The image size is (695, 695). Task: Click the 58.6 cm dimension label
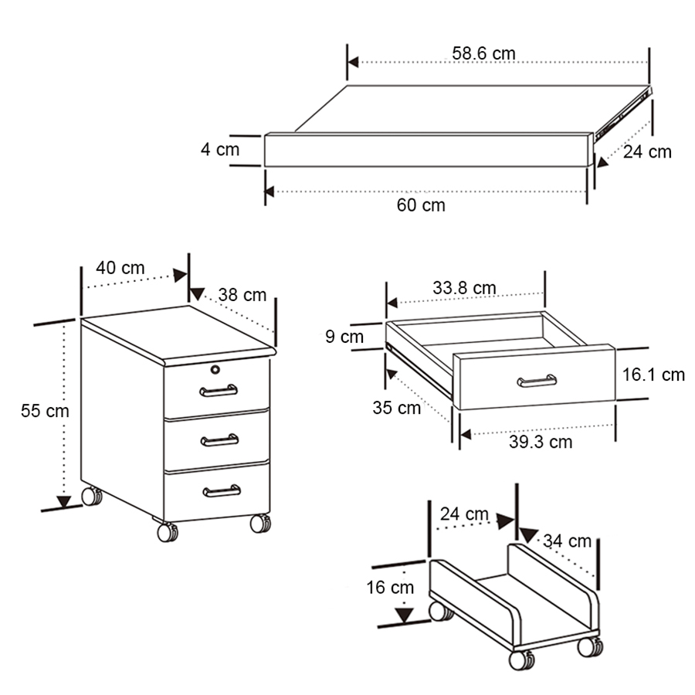tap(483, 53)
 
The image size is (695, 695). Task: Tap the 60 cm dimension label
tap(421, 205)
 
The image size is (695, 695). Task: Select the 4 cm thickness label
tap(220, 149)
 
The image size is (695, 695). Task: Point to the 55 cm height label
tap(45, 411)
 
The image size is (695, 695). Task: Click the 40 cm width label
tap(120, 268)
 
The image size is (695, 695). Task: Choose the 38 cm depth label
tap(242, 295)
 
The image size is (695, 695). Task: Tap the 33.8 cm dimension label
tap(464, 288)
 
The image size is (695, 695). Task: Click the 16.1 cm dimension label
tap(654, 375)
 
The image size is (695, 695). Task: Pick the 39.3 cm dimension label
tap(541, 442)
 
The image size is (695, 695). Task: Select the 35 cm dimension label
tap(396, 408)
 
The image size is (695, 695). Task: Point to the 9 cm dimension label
tap(344, 337)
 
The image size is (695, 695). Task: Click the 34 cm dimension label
tap(568, 541)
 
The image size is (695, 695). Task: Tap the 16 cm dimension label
tap(390, 588)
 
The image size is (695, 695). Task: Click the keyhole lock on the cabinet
tap(215, 369)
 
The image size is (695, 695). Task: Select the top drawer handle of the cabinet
tap(219, 391)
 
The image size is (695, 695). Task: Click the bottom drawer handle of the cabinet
tap(222, 490)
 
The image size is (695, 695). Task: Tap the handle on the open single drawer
tap(537, 381)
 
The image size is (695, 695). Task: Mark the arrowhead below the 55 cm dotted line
tap(64, 502)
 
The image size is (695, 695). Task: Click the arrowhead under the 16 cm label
tap(404, 615)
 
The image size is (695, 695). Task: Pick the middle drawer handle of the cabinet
tap(220, 440)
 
